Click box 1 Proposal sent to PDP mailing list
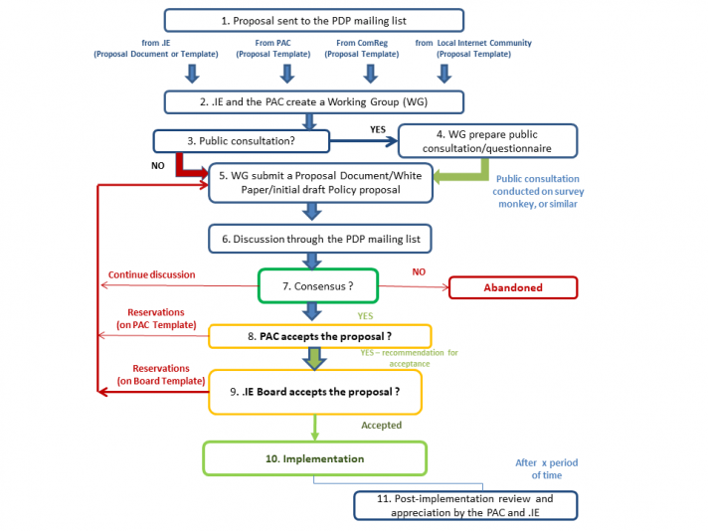[313, 20]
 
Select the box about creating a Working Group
[313, 100]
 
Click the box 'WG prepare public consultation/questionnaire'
[486, 140]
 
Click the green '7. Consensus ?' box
[318, 285]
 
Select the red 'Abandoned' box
[513, 287]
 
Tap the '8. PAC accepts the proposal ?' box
[320, 336]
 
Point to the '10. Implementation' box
[314, 458]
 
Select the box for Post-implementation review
[465, 505]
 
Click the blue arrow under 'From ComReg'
[369, 74]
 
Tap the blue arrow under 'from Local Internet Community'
[443, 74]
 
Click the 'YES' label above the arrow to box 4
[377, 129]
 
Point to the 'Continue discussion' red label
[151, 274]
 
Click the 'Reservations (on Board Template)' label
[159, 374]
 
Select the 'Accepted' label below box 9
[381, 425]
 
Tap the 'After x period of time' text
[546, 468]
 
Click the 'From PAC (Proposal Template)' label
[285, 49]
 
